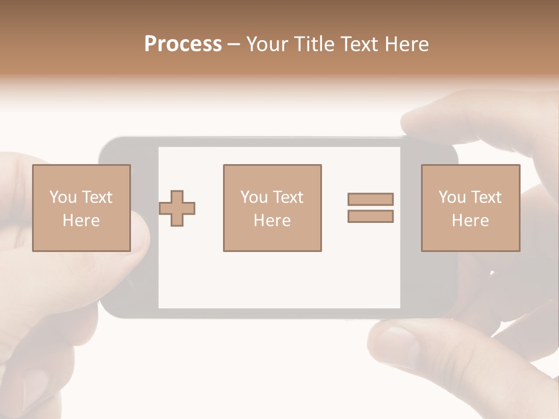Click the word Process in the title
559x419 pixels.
tap(183, 44)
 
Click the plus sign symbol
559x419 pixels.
tap(177, 208)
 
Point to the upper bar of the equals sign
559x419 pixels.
tap(370, 199)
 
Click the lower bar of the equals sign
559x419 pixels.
tap(370, 216)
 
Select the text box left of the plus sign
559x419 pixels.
tap(82, 208)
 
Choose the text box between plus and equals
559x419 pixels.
tap(272, 208)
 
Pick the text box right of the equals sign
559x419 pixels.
tap(470, 208)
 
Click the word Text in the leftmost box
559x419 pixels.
tap(97, 197)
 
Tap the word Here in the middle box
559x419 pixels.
tap(272, 221)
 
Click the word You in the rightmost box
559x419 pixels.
tap(452, 197)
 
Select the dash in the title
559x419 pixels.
tap(233, 44)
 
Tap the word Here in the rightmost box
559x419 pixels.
tap(470, 221)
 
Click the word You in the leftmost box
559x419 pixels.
tap(63, 197)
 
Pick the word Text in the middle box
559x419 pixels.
tap(288, 197)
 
